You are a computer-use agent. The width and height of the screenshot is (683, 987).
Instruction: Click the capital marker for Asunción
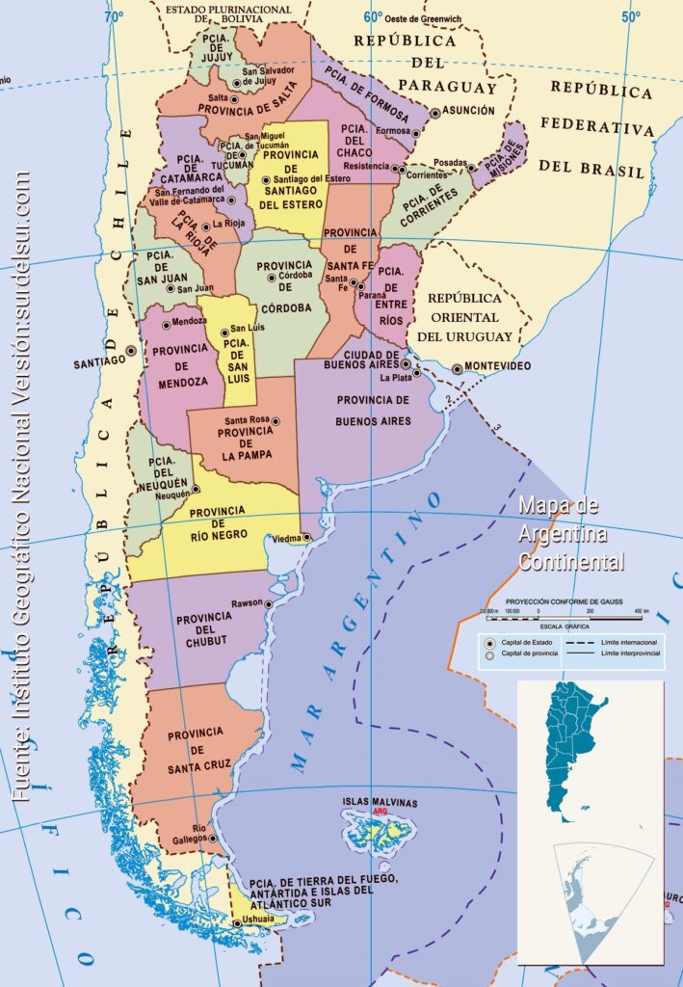[435, 113]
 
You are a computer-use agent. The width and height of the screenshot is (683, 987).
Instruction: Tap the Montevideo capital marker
[457, 368]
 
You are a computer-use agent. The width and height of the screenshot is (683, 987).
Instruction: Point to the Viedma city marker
[305, 538]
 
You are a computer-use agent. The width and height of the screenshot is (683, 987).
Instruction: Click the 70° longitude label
[116, 16]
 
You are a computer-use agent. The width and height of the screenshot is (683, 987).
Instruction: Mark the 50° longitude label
[630, 16]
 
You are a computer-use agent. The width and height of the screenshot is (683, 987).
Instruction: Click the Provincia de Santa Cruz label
[196, 751]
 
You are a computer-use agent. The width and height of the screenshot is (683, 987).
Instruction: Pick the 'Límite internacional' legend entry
[628, 641]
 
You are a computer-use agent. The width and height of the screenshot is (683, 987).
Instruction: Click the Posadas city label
[451, 163]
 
